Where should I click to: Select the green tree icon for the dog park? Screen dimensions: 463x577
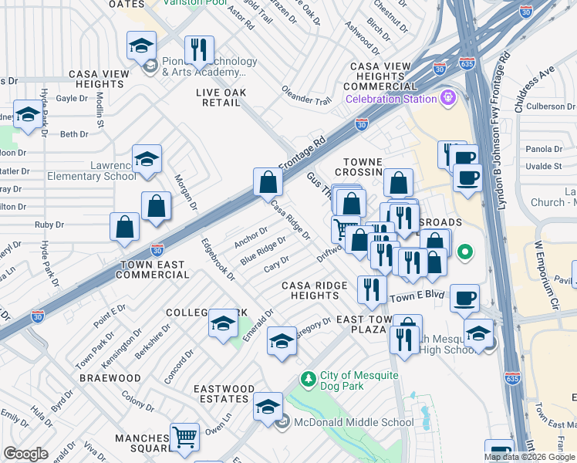coord(309,379)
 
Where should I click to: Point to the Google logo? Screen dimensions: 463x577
coord(25,454)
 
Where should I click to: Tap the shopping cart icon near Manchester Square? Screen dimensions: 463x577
coord(185,438)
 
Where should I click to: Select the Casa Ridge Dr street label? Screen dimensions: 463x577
coord(290,220)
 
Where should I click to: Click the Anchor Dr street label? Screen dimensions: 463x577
coord(251,238)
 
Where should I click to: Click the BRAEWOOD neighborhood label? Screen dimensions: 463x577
coord(110,378)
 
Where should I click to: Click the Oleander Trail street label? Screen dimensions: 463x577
coord(305,99)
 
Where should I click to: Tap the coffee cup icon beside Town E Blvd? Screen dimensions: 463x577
coord(465,299)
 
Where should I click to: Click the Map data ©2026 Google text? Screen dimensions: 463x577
coord(529,456)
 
